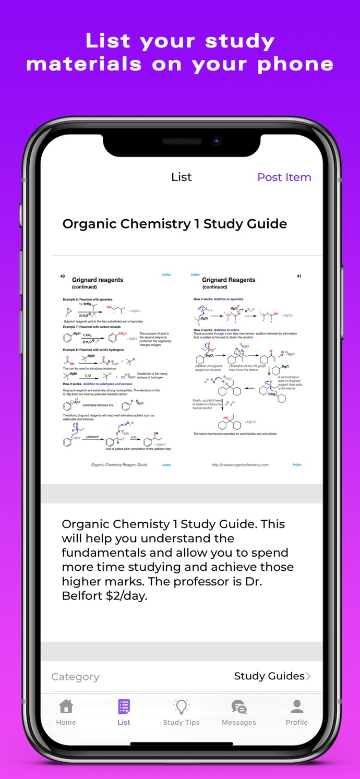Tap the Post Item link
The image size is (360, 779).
point(284,177)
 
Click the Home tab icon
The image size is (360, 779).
point(66,706)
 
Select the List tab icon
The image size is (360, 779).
point(124,706)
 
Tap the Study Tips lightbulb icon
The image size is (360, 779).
point(181,706)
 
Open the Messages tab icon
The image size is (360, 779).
point(239,707)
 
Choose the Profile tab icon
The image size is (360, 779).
point(297,706)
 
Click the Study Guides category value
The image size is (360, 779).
point(269,676)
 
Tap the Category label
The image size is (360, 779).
point(75,677)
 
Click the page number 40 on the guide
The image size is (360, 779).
point(63,277)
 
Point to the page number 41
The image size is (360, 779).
point(299,277)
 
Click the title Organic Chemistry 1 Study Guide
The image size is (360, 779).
point(174,224)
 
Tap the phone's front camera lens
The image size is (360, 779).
point(216,141)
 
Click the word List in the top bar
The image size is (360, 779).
point(181,177)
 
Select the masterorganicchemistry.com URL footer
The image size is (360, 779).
point(240,465)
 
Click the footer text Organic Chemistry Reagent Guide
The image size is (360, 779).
point(119,465)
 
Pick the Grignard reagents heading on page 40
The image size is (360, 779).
point(98,280)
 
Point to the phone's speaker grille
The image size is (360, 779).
point(181,141)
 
